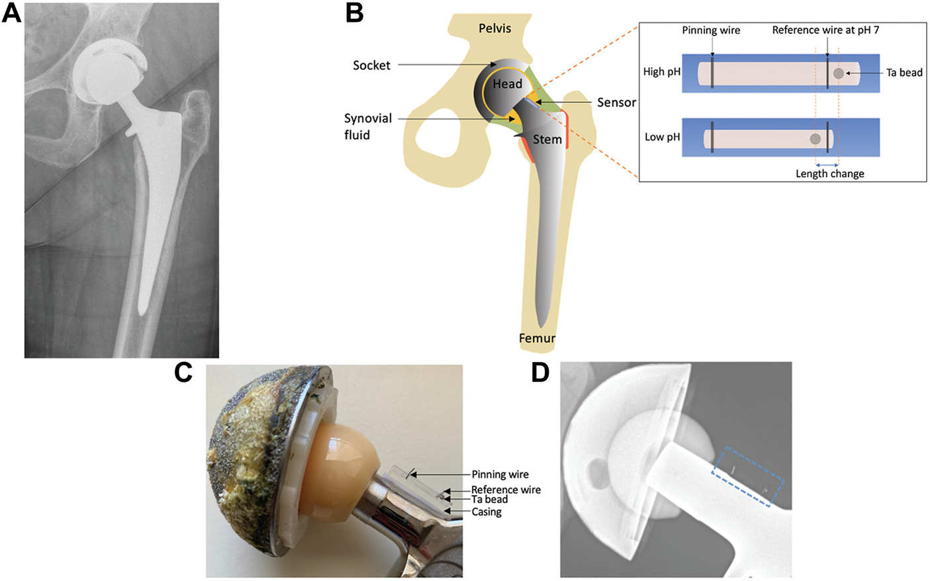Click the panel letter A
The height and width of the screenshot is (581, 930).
[11, 12]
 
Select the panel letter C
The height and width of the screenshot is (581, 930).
[183, 372]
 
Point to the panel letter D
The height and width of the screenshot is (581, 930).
[541, 372]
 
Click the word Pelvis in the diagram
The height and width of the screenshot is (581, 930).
[494, 28]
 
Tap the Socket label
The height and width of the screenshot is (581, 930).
[371, 65]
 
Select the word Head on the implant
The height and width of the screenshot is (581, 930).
[507, 84]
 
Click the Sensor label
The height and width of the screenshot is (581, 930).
[616, 102]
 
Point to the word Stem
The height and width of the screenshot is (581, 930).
[547, 140]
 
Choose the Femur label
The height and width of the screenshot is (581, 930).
[537, 338]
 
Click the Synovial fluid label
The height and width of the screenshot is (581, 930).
[367, 126]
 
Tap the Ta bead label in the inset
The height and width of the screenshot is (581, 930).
[904, 73]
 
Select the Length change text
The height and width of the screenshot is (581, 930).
[829, 174]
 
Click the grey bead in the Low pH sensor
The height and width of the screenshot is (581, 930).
[815, 139]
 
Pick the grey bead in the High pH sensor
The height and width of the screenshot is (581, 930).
[839, 73]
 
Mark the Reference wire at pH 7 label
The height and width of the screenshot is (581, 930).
[825, 30]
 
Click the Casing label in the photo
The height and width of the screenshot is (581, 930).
[487, 512]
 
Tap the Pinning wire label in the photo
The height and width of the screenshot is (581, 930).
[500, 474]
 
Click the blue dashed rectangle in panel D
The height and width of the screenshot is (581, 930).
[748, 476]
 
